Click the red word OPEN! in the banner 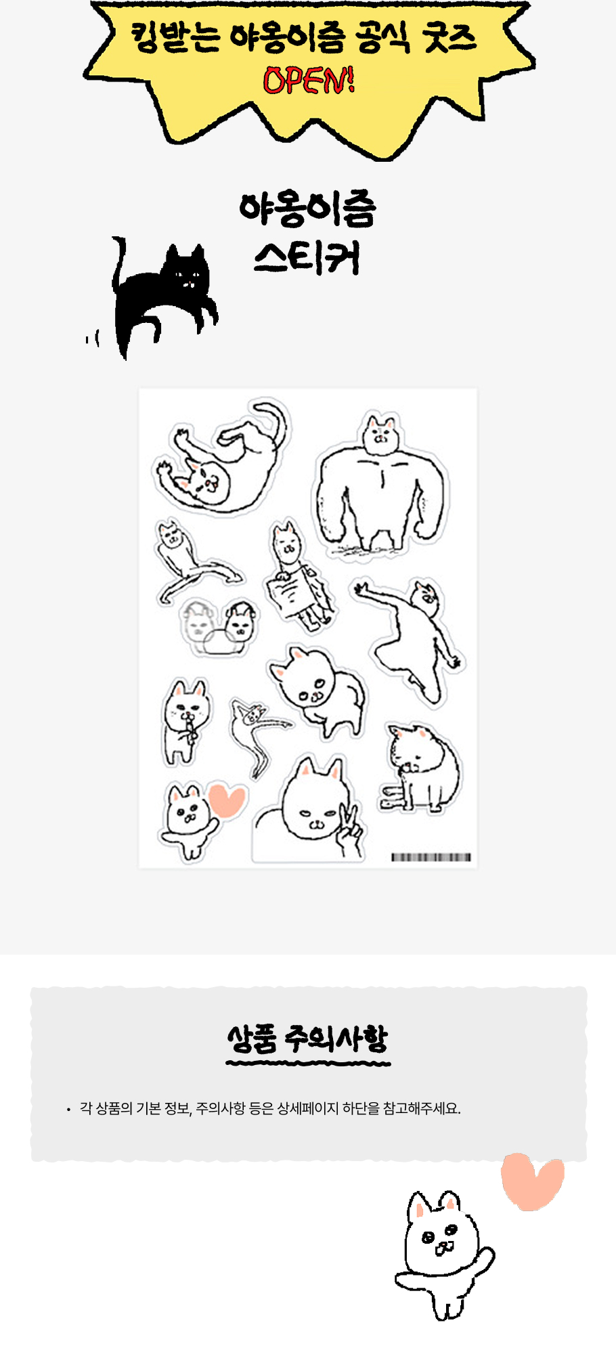coord(308,81)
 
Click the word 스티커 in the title coord(307,257)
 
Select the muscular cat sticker coord(381,484)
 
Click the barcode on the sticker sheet coord(431,857)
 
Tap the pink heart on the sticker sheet coord(227,800)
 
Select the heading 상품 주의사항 coord(307,1039)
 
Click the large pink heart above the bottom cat coord(532,1181)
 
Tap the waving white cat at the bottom coord(444,1255)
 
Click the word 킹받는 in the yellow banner coord(175,38)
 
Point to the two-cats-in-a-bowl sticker coord(219,628)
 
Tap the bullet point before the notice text coord(68,1110)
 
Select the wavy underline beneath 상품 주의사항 coord(308,1064)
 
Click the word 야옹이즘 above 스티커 coord(307,209)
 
